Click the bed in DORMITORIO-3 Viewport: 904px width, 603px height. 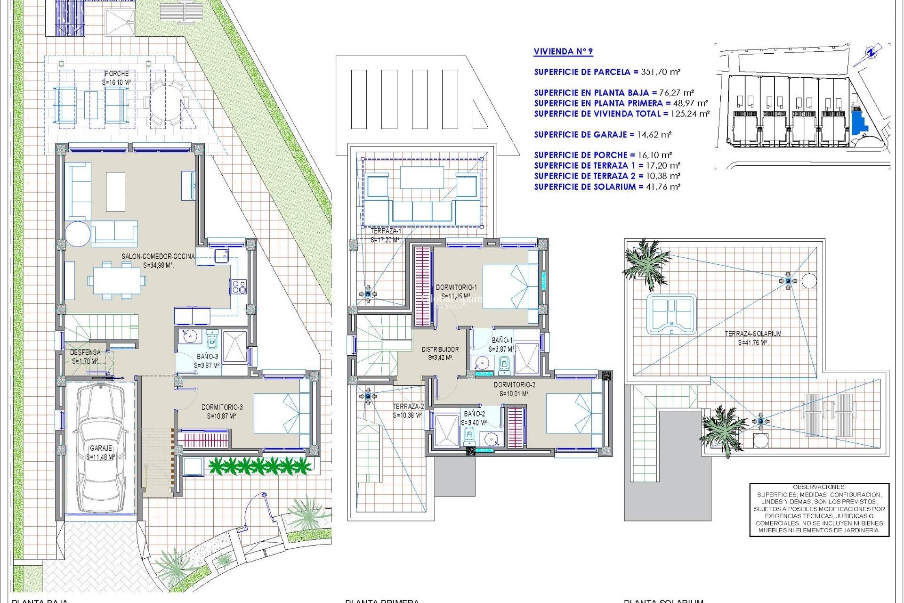(282, 413)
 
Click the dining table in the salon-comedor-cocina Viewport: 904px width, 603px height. (116, 281)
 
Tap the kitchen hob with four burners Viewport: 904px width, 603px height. (238, 286)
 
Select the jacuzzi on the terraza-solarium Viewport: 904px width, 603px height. (671, 314)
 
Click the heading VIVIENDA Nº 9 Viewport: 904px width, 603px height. (563, 52)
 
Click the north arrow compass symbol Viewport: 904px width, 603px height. (872, 53)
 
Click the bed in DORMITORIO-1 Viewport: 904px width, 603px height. (510, 286)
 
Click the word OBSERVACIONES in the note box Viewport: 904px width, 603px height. (819, 487)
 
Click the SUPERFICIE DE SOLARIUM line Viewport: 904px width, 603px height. (606, 187)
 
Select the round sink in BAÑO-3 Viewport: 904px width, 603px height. (190, 337)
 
